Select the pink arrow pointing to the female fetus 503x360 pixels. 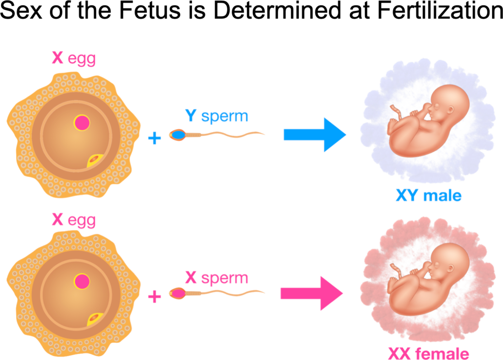(311, 293)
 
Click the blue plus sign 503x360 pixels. (154, 138)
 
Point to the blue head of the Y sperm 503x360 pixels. (177, 134)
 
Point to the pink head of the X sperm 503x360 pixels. (177, 294)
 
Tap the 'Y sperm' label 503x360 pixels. (216, 116)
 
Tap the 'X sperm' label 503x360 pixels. (216, 278)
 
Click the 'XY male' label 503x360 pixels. (428, 196)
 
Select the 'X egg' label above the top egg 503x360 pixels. (74, 58)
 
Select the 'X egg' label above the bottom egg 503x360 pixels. (74, 220)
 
